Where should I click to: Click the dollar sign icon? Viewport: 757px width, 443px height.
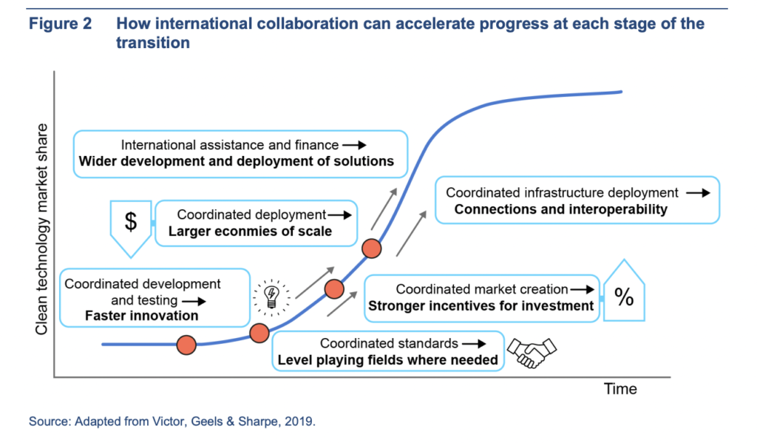[x=131, y=222]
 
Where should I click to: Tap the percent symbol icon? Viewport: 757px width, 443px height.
[x=624, y=297]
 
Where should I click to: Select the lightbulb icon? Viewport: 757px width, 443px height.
[x=271, y=297]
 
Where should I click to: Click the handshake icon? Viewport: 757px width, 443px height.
[x=531, y=352]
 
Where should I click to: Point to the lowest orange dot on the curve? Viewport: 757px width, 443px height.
[x=186, y=345]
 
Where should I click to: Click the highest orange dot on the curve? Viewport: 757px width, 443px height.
[x=371, y=248]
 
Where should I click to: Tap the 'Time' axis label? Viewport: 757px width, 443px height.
[x=620, y=389]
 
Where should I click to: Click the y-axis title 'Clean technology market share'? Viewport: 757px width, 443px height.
[x=41, y=229]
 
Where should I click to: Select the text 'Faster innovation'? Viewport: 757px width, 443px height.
[x=141, y=316]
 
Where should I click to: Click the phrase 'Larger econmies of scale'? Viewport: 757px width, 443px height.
[x=250, y=231]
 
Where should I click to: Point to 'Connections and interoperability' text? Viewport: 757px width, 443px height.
[x=561, y=209]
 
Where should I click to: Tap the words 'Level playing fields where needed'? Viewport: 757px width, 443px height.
[x=387, y=360]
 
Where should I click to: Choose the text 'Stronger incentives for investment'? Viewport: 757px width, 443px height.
[x=481, y=305]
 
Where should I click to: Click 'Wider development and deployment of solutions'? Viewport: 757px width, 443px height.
[x=236, y=161]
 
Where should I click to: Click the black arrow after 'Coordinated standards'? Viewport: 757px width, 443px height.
[x=474, y=343]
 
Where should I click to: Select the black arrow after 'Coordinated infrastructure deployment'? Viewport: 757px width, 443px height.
[x=698, y=193]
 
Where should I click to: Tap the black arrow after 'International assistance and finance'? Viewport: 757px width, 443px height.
[x=354, y=145]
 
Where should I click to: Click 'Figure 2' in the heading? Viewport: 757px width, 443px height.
[x=61, y=23]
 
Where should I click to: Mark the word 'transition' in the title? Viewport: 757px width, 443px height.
[x=153, y=42]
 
